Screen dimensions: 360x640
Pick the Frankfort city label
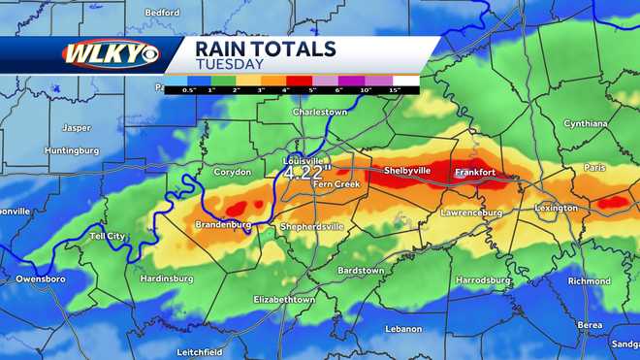(475, 173)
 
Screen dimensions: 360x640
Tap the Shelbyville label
(407, 170)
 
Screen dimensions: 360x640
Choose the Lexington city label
(556, 208)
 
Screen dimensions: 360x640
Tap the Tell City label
(107, 236)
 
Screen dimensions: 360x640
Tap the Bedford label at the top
(162, 13)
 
